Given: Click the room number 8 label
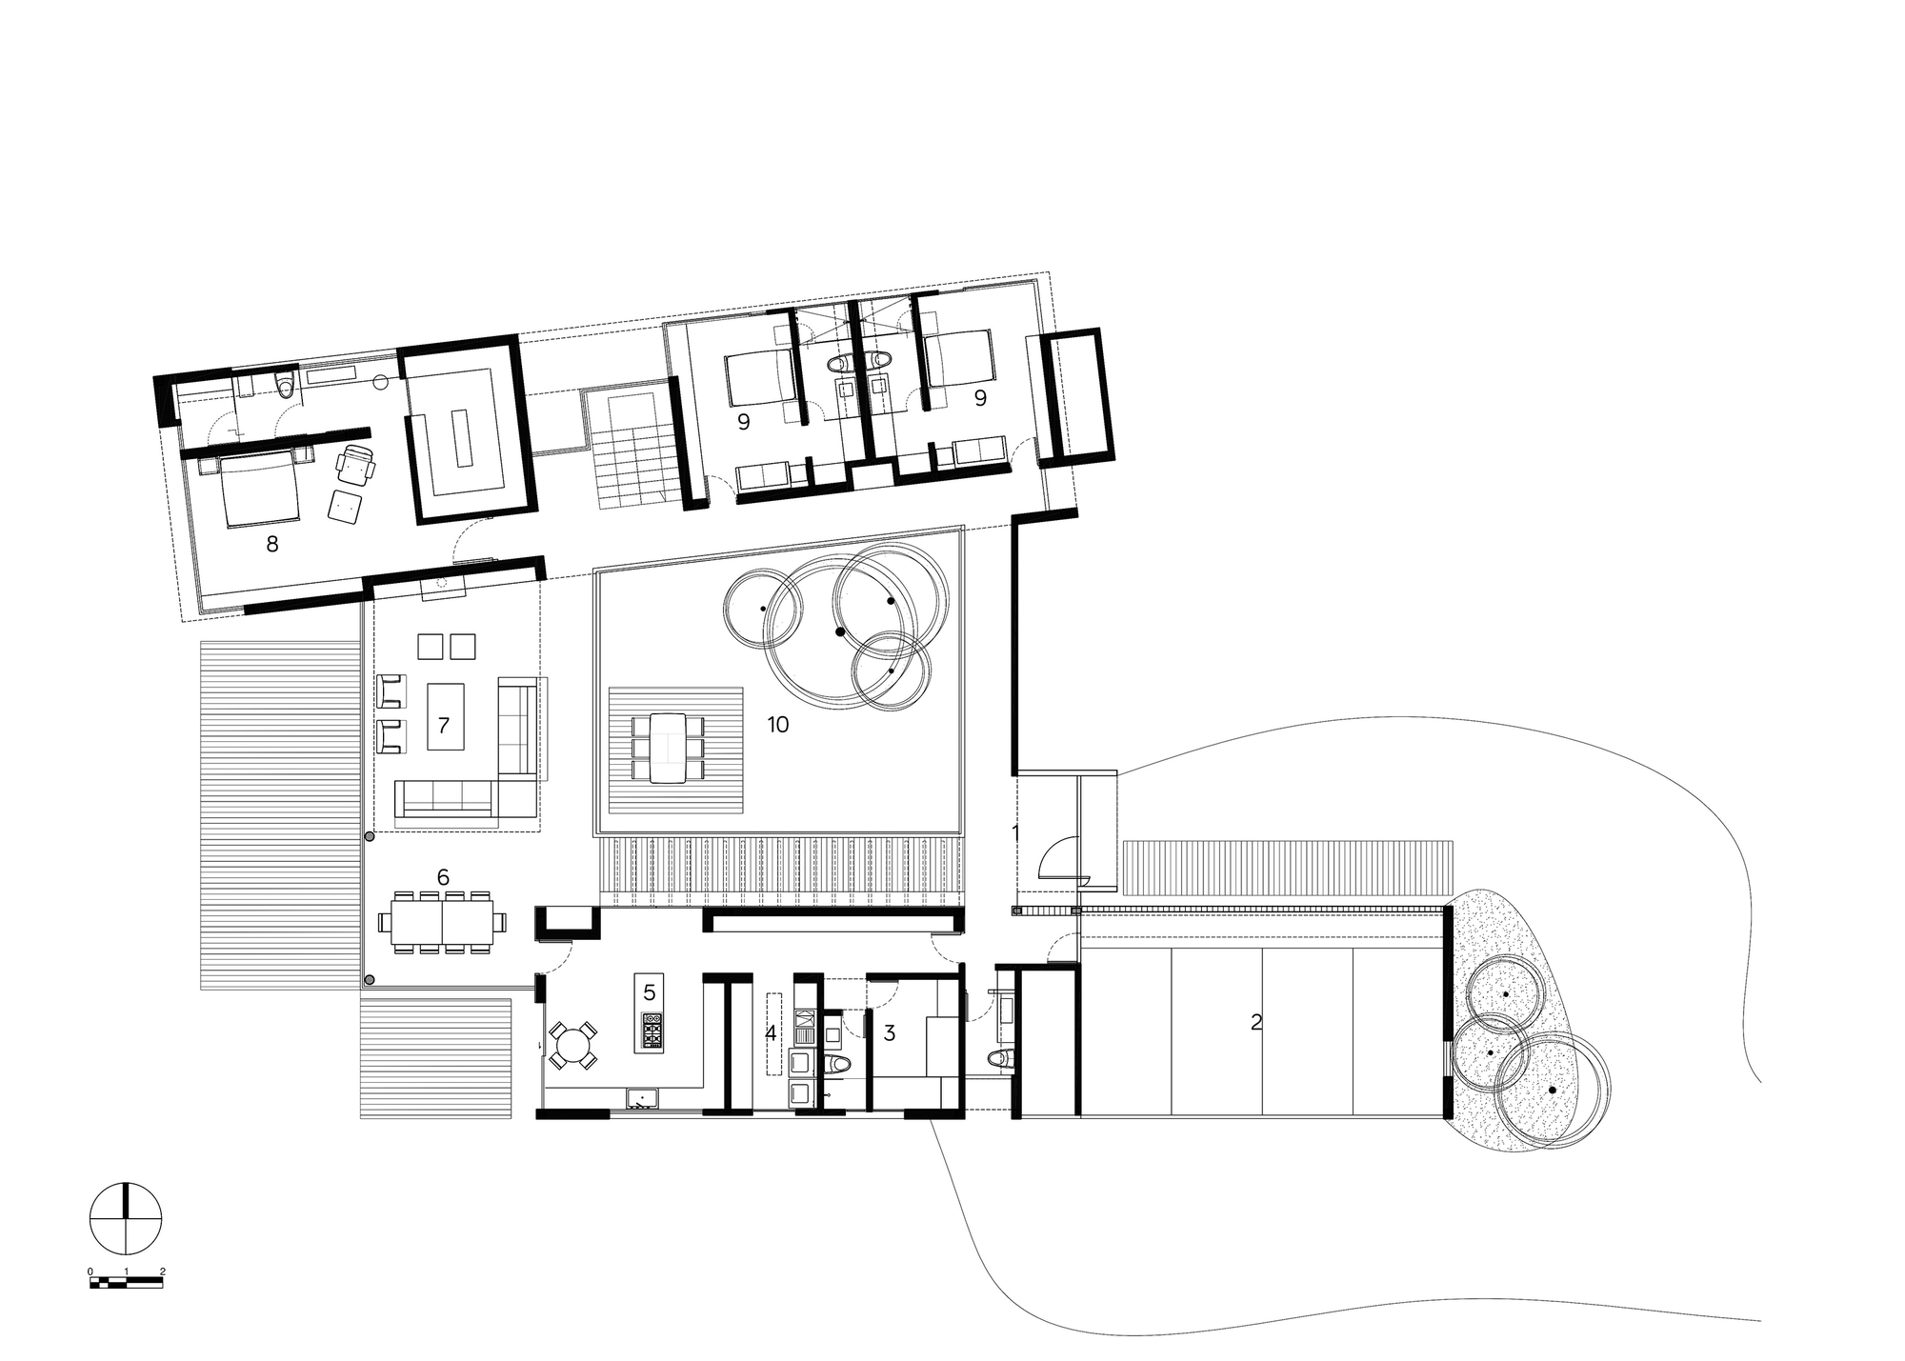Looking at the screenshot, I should tap(272, 545).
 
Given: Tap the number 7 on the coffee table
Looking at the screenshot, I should tap(443, 726).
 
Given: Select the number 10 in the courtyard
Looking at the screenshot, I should tap(778, 725).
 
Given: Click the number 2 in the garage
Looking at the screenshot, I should tap(1255, 1023).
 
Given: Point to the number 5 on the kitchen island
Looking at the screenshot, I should tap(650, 992).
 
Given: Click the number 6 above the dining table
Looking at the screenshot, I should tap(442, 877).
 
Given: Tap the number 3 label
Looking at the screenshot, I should tap(890, 1033).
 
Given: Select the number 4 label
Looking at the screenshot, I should tap(771, 1033).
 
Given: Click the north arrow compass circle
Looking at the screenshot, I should tap(126, 1218).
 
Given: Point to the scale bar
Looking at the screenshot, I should tap(126, 1285).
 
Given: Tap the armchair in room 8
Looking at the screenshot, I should tap(358, 467).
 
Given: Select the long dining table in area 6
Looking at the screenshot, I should tap(442, 922).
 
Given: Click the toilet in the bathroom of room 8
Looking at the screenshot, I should tap(284, 384).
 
